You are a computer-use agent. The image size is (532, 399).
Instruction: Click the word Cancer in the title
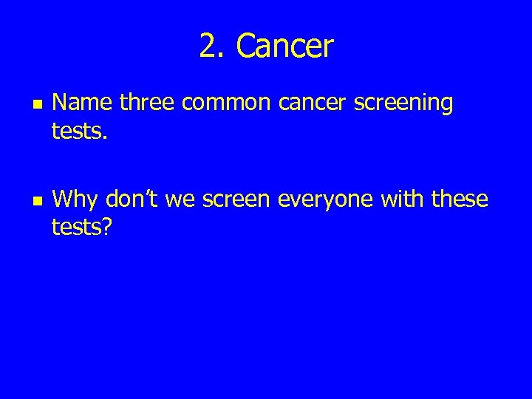[285, 47]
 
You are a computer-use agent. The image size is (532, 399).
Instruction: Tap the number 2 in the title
[209, 47]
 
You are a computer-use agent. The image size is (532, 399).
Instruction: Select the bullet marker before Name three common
[30, 105]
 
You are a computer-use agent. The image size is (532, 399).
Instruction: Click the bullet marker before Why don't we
[30, 200]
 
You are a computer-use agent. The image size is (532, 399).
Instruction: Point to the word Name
[83, 103]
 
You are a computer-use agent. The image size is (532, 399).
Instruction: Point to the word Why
[77, 199]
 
